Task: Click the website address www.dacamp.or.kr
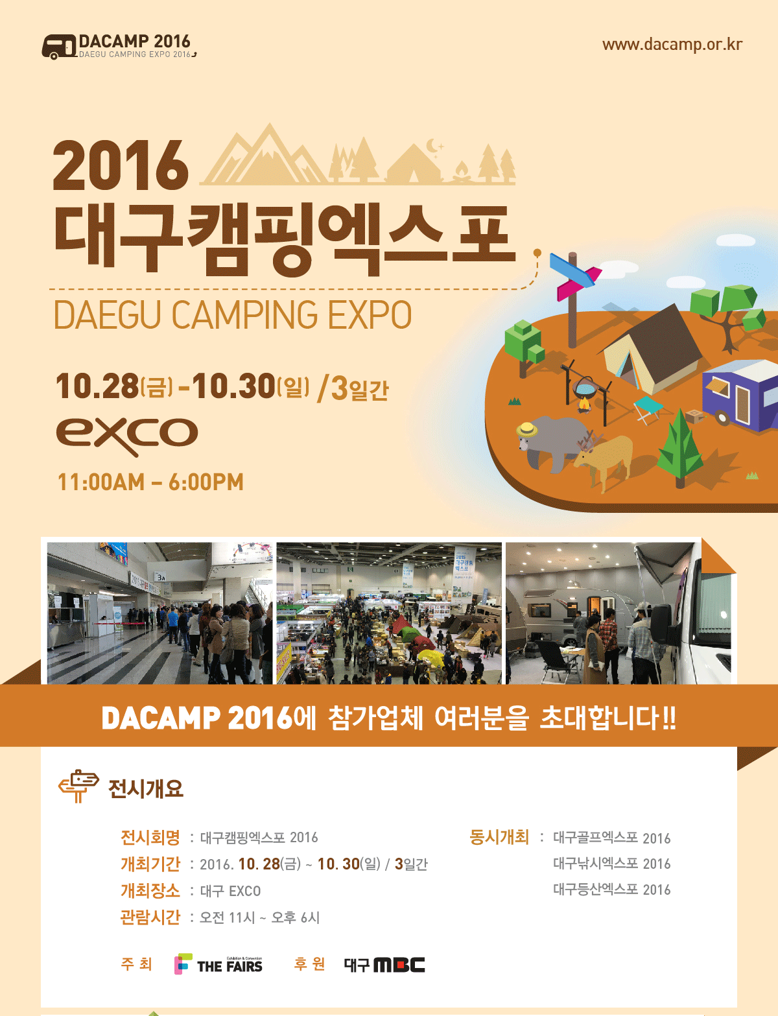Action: (x=672, y=45)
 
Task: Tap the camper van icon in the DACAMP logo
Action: (x=60, y=47)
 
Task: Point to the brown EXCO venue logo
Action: (x=126, y=436)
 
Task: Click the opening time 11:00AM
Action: (x=101, y=482)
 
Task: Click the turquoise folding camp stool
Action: (x=649, y=409)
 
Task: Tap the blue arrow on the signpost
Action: (x=572, y=270)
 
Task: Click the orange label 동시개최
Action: (x=499, y=837)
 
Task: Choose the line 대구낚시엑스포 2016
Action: (x=611, y=863)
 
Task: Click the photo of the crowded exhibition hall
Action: (x=389, y=613)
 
